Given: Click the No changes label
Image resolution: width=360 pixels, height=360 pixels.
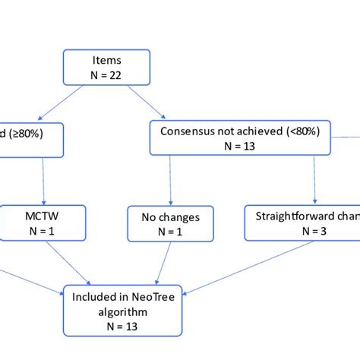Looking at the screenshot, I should tap(164, 218).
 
